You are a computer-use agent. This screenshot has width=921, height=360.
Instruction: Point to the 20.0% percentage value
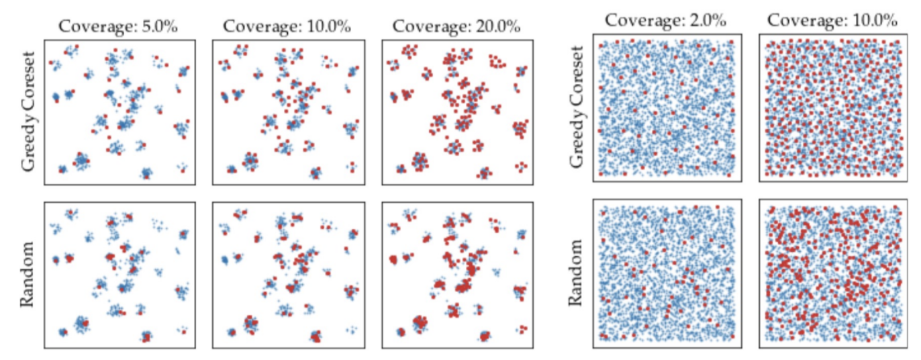(497, 27)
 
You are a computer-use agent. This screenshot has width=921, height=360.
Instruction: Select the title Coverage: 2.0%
(665, 20)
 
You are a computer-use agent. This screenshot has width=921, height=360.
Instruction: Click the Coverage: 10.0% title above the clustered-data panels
(288, 27)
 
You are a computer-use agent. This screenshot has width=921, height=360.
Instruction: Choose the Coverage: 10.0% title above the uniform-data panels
(832, 20)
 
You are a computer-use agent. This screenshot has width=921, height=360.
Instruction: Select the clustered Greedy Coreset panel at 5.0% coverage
(119, 111)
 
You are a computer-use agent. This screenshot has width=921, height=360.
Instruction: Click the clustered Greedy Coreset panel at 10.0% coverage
(288, 111)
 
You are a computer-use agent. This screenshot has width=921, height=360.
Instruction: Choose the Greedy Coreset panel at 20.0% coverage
(457, 111)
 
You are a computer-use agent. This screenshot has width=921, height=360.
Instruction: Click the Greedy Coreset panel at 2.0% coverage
(667, 107)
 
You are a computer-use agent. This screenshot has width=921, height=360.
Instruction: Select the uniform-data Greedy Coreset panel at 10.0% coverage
(833, 107)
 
